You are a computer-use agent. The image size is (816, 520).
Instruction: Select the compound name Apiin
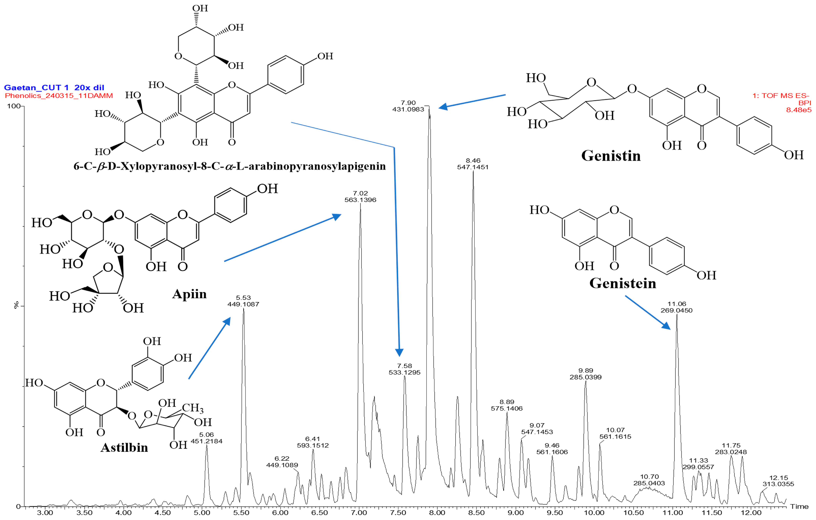(189, 294)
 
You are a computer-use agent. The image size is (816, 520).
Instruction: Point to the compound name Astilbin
(124, 447)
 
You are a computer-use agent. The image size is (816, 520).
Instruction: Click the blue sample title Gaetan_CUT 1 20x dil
(54, 88)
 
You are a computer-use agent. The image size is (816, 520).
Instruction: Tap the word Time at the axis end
(799, 506)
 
